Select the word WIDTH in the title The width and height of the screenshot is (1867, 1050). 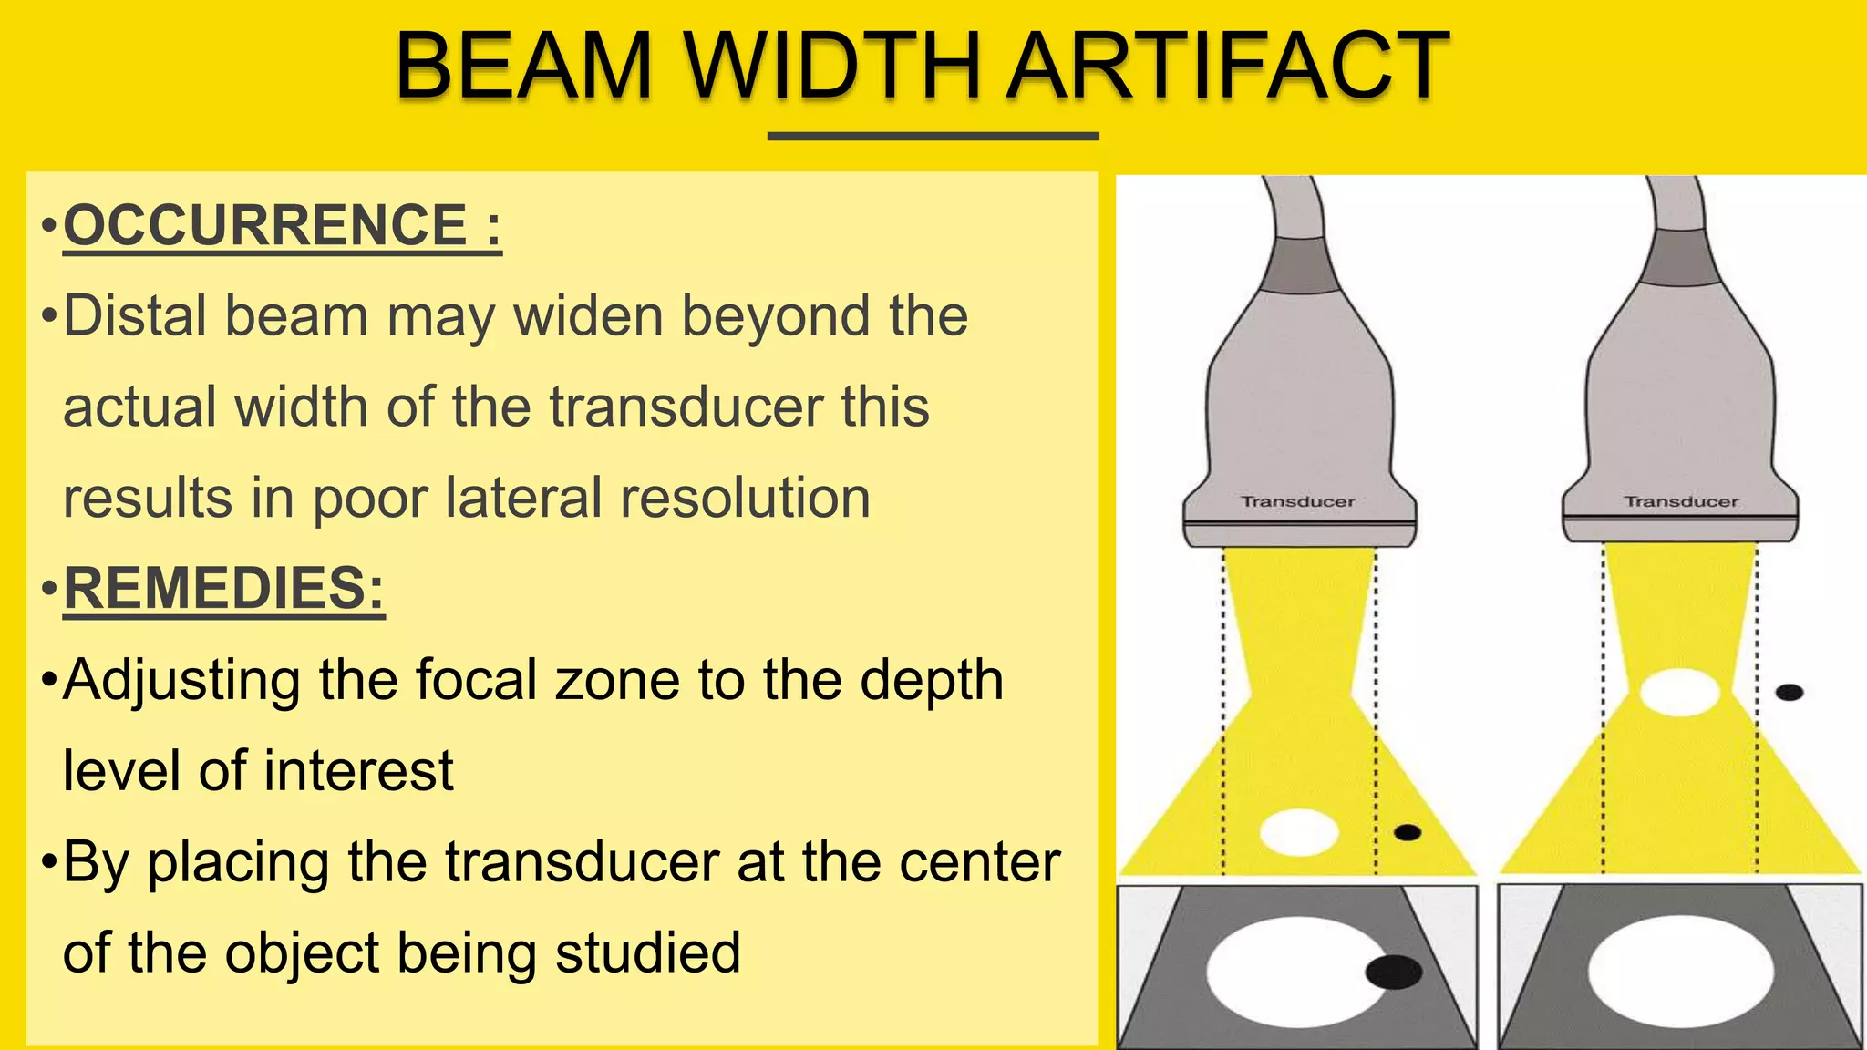pyautogui.click(x=832, y=66)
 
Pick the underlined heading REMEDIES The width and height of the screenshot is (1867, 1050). pyautogui.click(x=223, y=588)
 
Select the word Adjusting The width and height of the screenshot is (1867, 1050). pyautogui.click(x=181, y=680)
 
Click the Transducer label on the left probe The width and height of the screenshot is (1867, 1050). pyautogui.click(x=1298, y=501)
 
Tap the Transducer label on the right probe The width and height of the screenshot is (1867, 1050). pyautogui.click(x=1681, y=501)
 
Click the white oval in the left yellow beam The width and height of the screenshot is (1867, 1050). pyautogui.click(x=1299, y=831)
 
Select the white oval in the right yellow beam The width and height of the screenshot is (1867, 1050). pyautogui.click(x=1679, y=692)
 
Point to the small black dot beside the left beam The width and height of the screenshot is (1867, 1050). pyautogui.click(x=1408, y=832)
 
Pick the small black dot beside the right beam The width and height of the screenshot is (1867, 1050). pyautogui.click(x=1790, y=693)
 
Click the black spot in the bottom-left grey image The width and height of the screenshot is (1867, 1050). pyautogui.click(x=1394, y=973)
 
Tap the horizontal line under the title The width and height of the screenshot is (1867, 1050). pyautogui.click(x=933, y=137)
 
